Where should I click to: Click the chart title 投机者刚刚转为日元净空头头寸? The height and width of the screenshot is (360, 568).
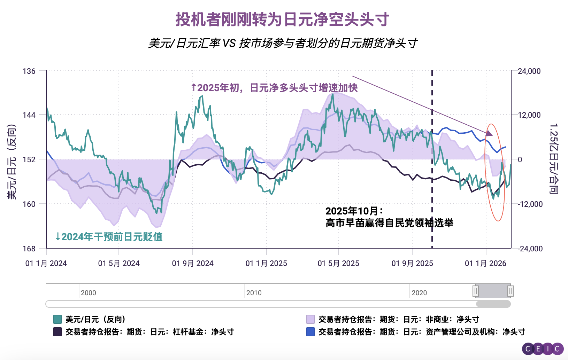(282, 19)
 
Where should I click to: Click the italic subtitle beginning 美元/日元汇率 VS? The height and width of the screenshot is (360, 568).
(283, 43)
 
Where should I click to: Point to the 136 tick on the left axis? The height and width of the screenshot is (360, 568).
(29, 71)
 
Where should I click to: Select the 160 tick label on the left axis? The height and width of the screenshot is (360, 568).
(29, 204)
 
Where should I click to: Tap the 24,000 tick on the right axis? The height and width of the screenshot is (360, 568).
(529, 71)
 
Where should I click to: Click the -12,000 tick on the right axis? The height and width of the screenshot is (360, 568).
(530, 204)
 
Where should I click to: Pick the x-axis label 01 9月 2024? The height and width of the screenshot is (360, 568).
(193, 264)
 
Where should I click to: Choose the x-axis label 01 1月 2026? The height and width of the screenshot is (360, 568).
(485, 264)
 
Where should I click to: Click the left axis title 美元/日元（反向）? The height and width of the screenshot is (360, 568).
(12, 162)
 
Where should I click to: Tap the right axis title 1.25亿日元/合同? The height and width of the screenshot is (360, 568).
(554, 158)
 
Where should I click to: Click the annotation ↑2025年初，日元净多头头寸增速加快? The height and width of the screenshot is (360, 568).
(274, 88)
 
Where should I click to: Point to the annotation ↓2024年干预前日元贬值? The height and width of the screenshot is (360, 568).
(109, 237)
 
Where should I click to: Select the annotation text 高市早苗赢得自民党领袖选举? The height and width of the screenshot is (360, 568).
(389, 223)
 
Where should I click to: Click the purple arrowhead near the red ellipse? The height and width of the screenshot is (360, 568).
(490, 133)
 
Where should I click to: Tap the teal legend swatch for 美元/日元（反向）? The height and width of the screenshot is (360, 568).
(57, 319)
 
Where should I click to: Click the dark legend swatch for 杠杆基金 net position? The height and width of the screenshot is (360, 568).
(57, 332)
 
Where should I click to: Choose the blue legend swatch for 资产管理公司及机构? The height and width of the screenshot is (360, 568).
(310, 332)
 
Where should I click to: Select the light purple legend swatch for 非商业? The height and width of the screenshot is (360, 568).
(310, 319)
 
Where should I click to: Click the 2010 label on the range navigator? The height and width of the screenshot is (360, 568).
(254, 293)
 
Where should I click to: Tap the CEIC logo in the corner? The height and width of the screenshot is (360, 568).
(543, 349)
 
